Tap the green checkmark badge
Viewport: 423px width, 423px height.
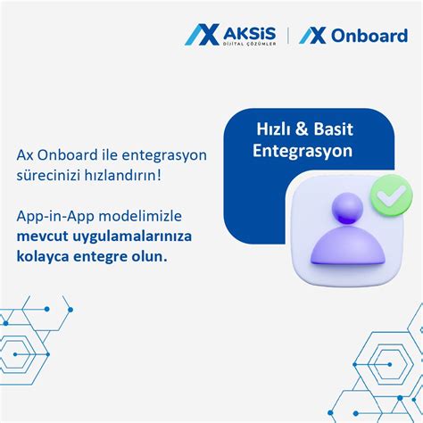click(x=389, y=192)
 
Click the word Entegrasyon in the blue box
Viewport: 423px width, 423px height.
click(x=303, y=152)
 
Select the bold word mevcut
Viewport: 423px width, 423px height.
click(x=42, y=236)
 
